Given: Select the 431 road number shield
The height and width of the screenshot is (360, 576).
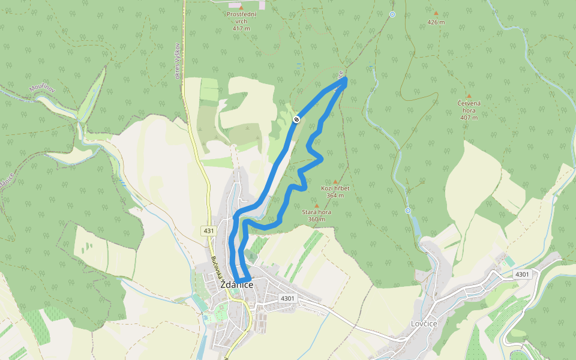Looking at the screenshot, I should [208, 230].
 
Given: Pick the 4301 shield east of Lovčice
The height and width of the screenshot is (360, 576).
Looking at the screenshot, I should [522, 274].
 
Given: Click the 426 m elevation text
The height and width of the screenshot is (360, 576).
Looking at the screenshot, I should [436, 22].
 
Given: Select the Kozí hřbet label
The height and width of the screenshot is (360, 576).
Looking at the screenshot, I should [335, 188].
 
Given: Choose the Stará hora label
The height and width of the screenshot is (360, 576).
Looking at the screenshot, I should [317, 212].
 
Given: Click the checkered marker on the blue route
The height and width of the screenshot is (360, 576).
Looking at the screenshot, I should [296, 120].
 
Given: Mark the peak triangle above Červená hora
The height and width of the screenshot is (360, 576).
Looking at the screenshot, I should [469, 96].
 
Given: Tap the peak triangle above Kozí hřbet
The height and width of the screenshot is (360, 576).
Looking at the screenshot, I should [335, 181].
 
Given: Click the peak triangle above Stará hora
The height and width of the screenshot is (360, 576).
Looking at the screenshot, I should [317, 205].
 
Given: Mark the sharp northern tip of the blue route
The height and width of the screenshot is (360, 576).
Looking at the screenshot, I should [346, 80].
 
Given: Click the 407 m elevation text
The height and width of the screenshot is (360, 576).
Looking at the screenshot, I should [469, 118].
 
